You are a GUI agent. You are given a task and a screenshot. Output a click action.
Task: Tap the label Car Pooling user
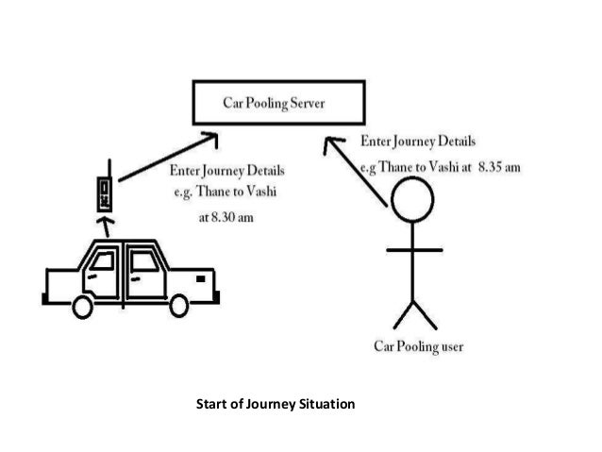click(x=418, y=346)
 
